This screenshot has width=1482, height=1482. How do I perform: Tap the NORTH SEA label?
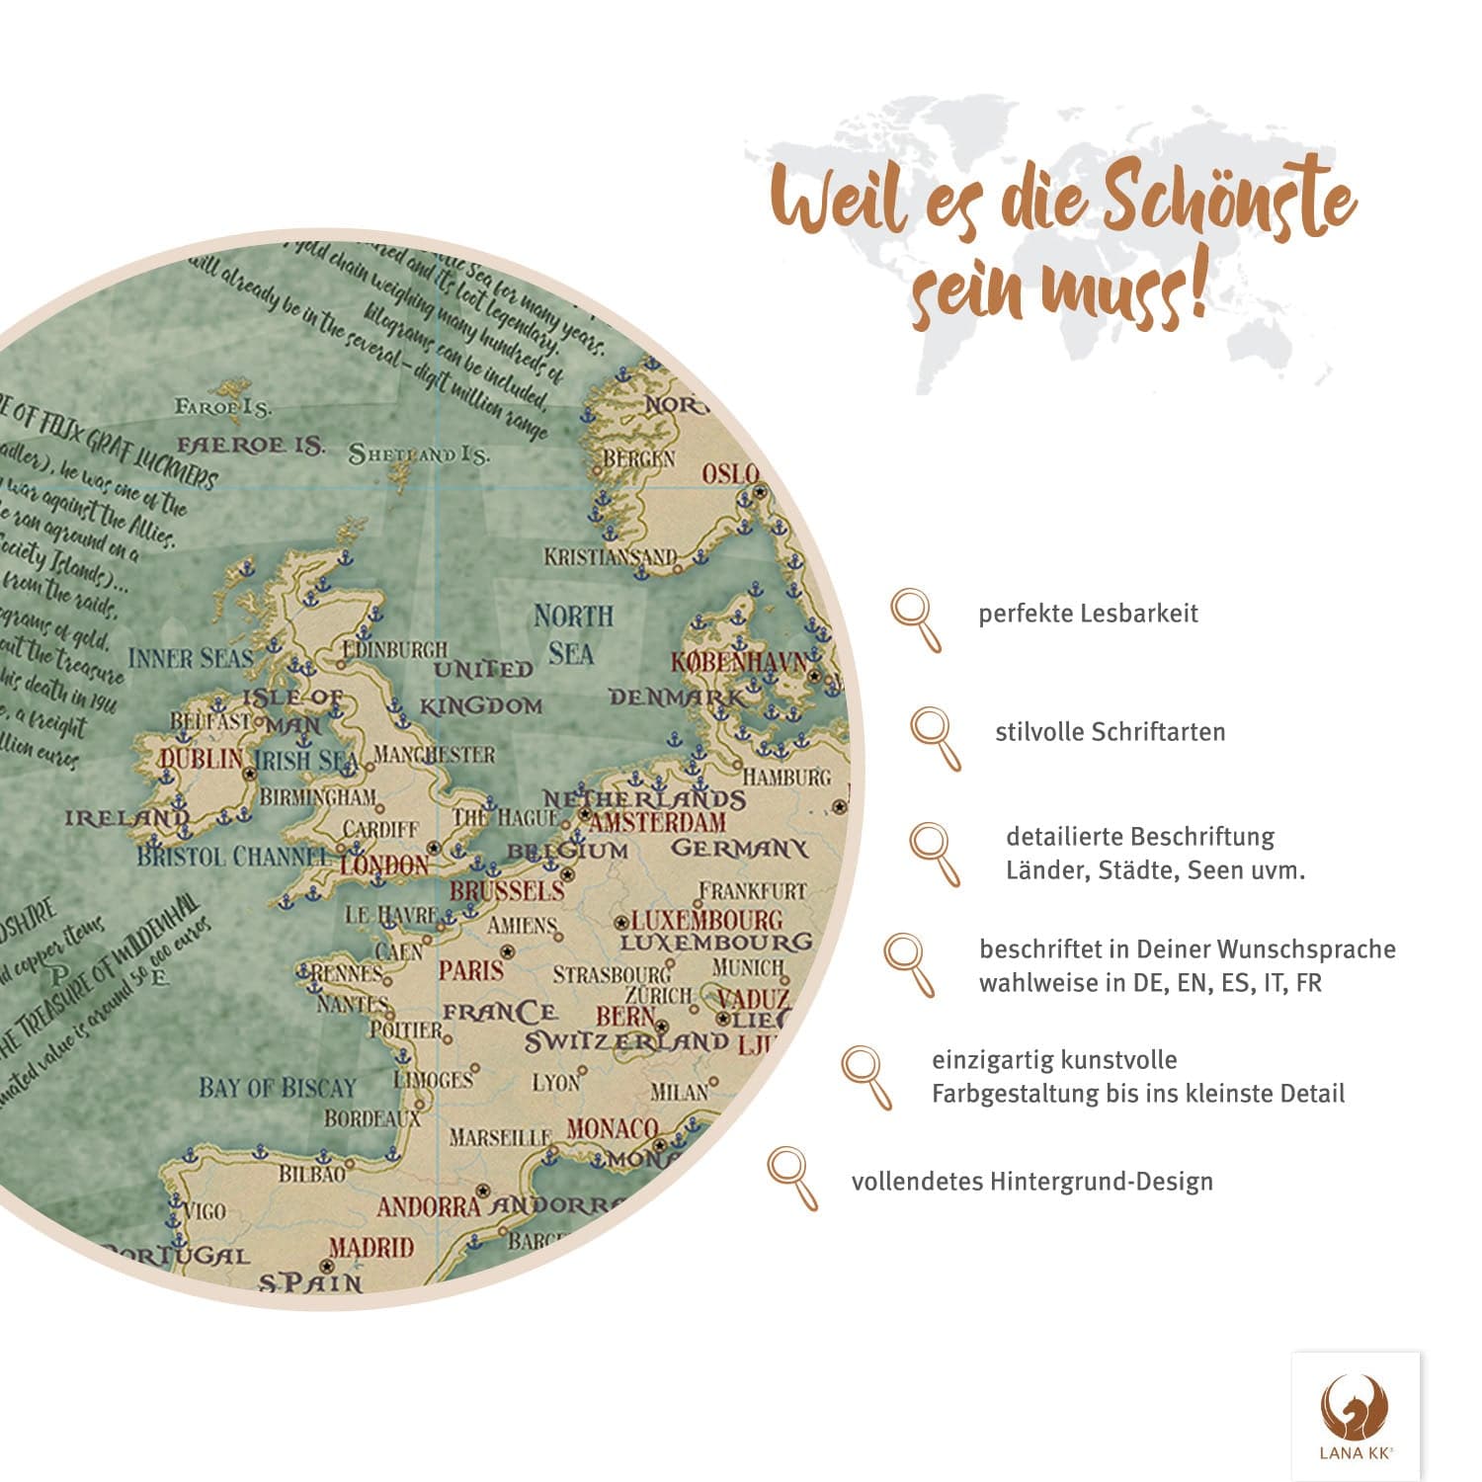click(x=572, y=634)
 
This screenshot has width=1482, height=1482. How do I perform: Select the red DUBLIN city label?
click(x=201, y=759)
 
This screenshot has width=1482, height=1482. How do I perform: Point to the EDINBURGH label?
click(x=394, y=649)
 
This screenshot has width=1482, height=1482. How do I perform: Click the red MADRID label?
click(x=370, y=1248)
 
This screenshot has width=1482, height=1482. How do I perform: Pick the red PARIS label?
click(x=471, y=970)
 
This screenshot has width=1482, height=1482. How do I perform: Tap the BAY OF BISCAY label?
click(x=277, y=1089)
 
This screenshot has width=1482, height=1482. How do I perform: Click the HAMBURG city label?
click(x=786, y=778)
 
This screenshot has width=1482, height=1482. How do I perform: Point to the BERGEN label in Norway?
click(x=638, y=459)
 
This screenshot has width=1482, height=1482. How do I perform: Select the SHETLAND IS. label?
click(x=419, y=455)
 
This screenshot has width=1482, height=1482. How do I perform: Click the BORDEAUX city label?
click(x=372, y=1119)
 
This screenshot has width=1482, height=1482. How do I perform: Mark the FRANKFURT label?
click(x=753, y=891)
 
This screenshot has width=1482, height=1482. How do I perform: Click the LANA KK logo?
click(x=1356, y=1416)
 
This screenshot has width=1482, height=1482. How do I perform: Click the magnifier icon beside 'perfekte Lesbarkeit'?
click(x=916, y=618)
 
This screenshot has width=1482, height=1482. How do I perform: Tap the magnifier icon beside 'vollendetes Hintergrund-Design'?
click(x=792, y=1177)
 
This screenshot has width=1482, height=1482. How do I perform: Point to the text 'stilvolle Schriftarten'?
click(x=1110, y=732)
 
